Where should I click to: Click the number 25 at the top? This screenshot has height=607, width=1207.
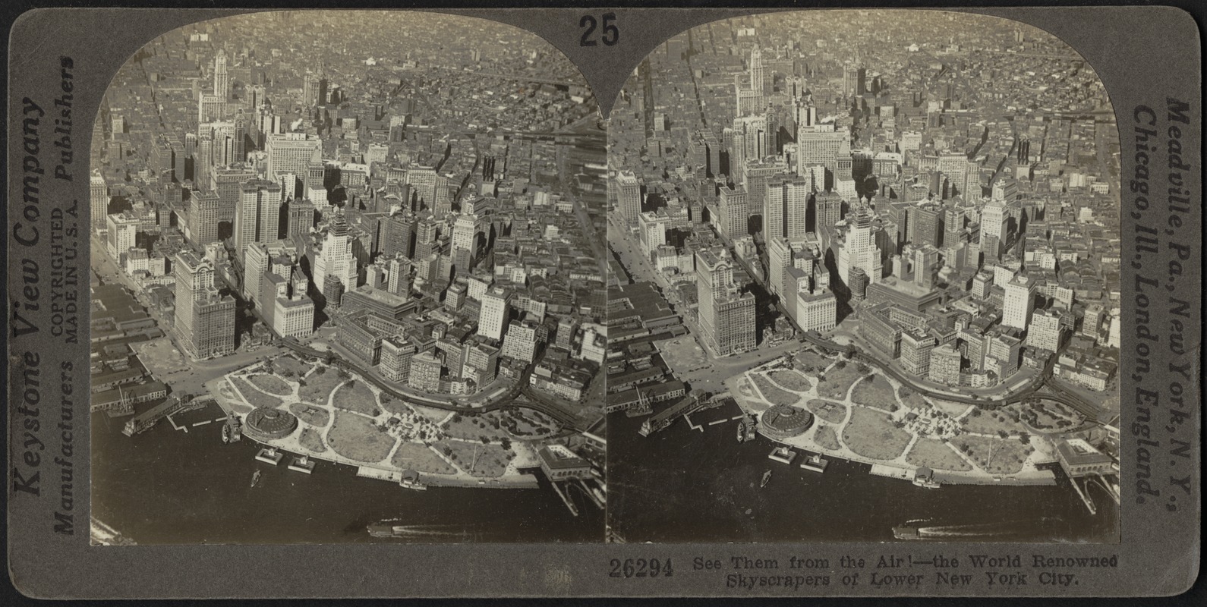point(599,31)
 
